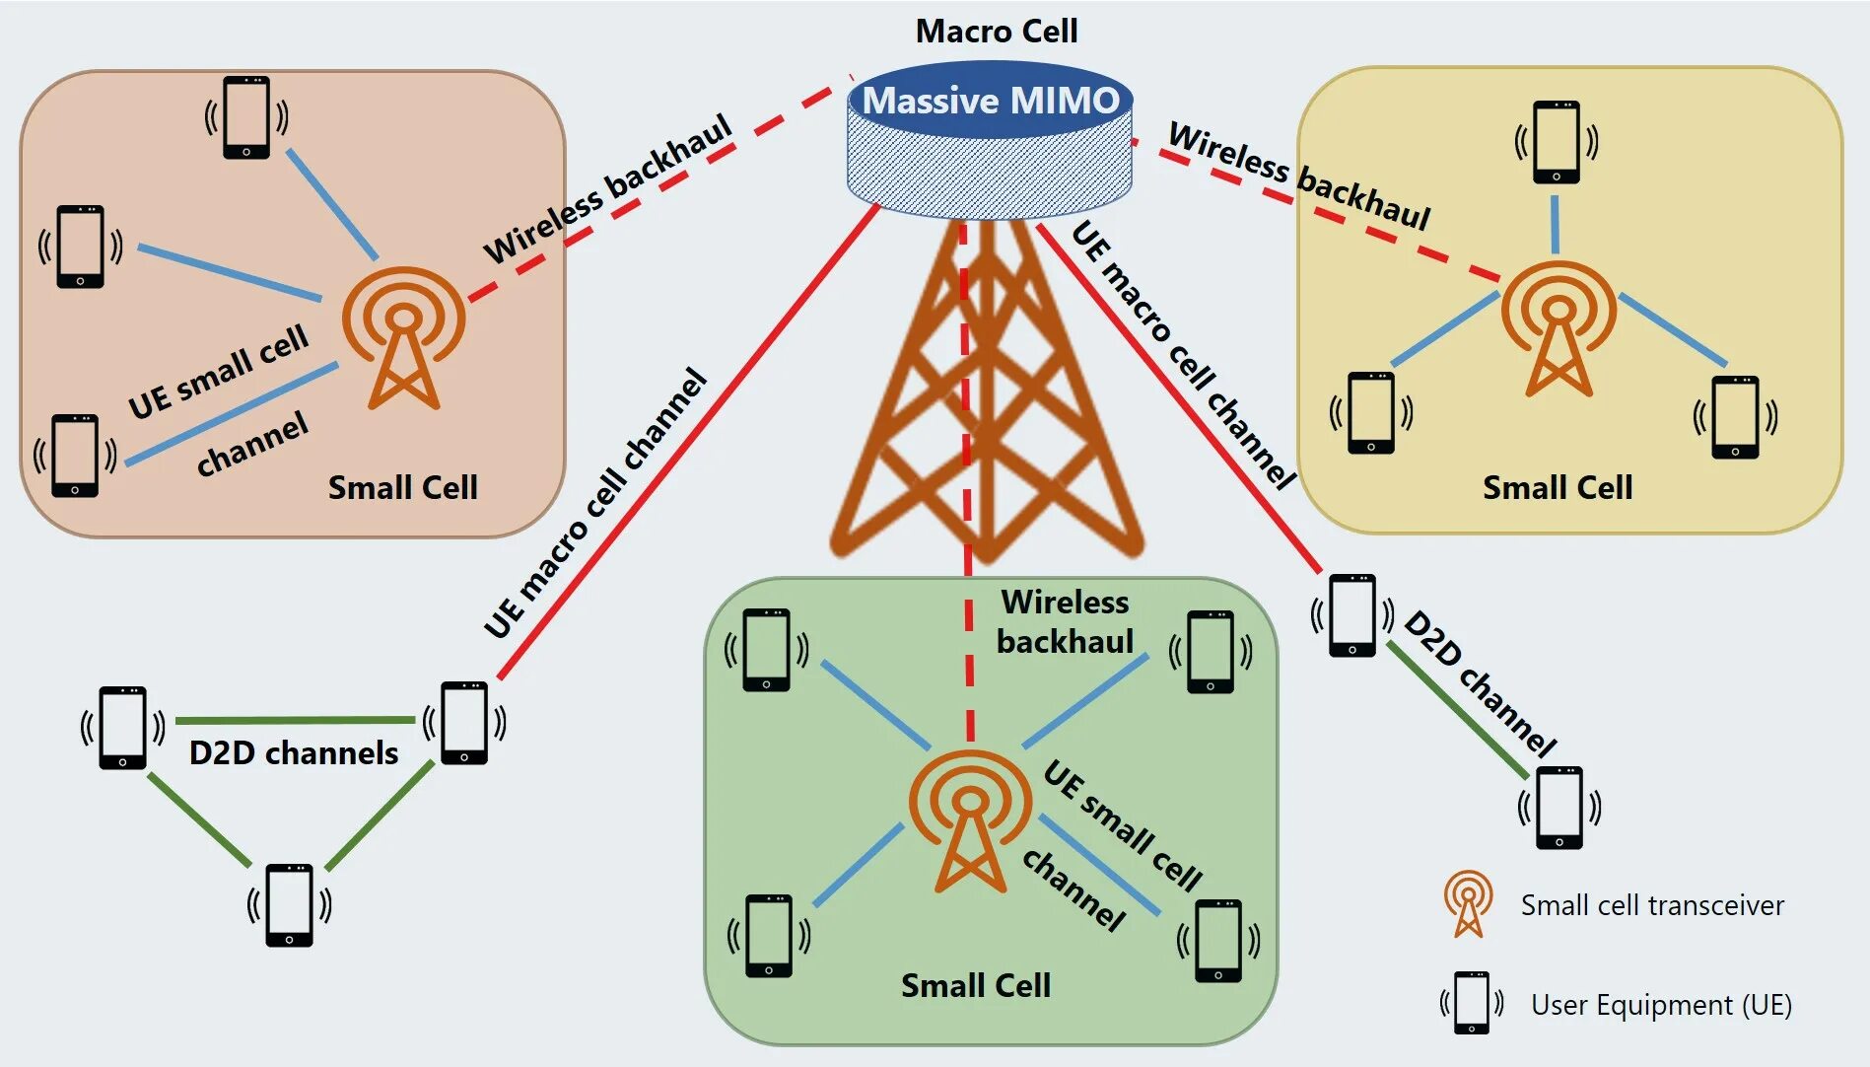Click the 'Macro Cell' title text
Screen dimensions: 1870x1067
997,32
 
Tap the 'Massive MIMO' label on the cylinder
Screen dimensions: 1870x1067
991,101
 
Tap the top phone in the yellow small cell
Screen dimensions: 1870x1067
1557,142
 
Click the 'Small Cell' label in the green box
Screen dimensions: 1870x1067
976,985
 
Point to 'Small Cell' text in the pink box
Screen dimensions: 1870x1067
402,487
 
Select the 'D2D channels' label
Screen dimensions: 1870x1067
294,752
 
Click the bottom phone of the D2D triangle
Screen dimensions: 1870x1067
289,905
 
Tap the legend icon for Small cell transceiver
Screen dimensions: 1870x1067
1468,902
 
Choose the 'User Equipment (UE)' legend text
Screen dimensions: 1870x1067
1661,1005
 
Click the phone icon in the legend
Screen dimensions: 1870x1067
1472,1002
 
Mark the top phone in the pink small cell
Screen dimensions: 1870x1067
246,116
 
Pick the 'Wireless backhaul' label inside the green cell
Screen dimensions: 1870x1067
1066,621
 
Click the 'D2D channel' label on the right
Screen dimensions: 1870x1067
1479,682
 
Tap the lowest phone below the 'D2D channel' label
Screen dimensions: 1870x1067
1559,808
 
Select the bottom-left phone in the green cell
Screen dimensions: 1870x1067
769,935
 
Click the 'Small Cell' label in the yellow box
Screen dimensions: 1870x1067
1558,487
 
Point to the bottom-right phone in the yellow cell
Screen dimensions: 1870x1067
1736,417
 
